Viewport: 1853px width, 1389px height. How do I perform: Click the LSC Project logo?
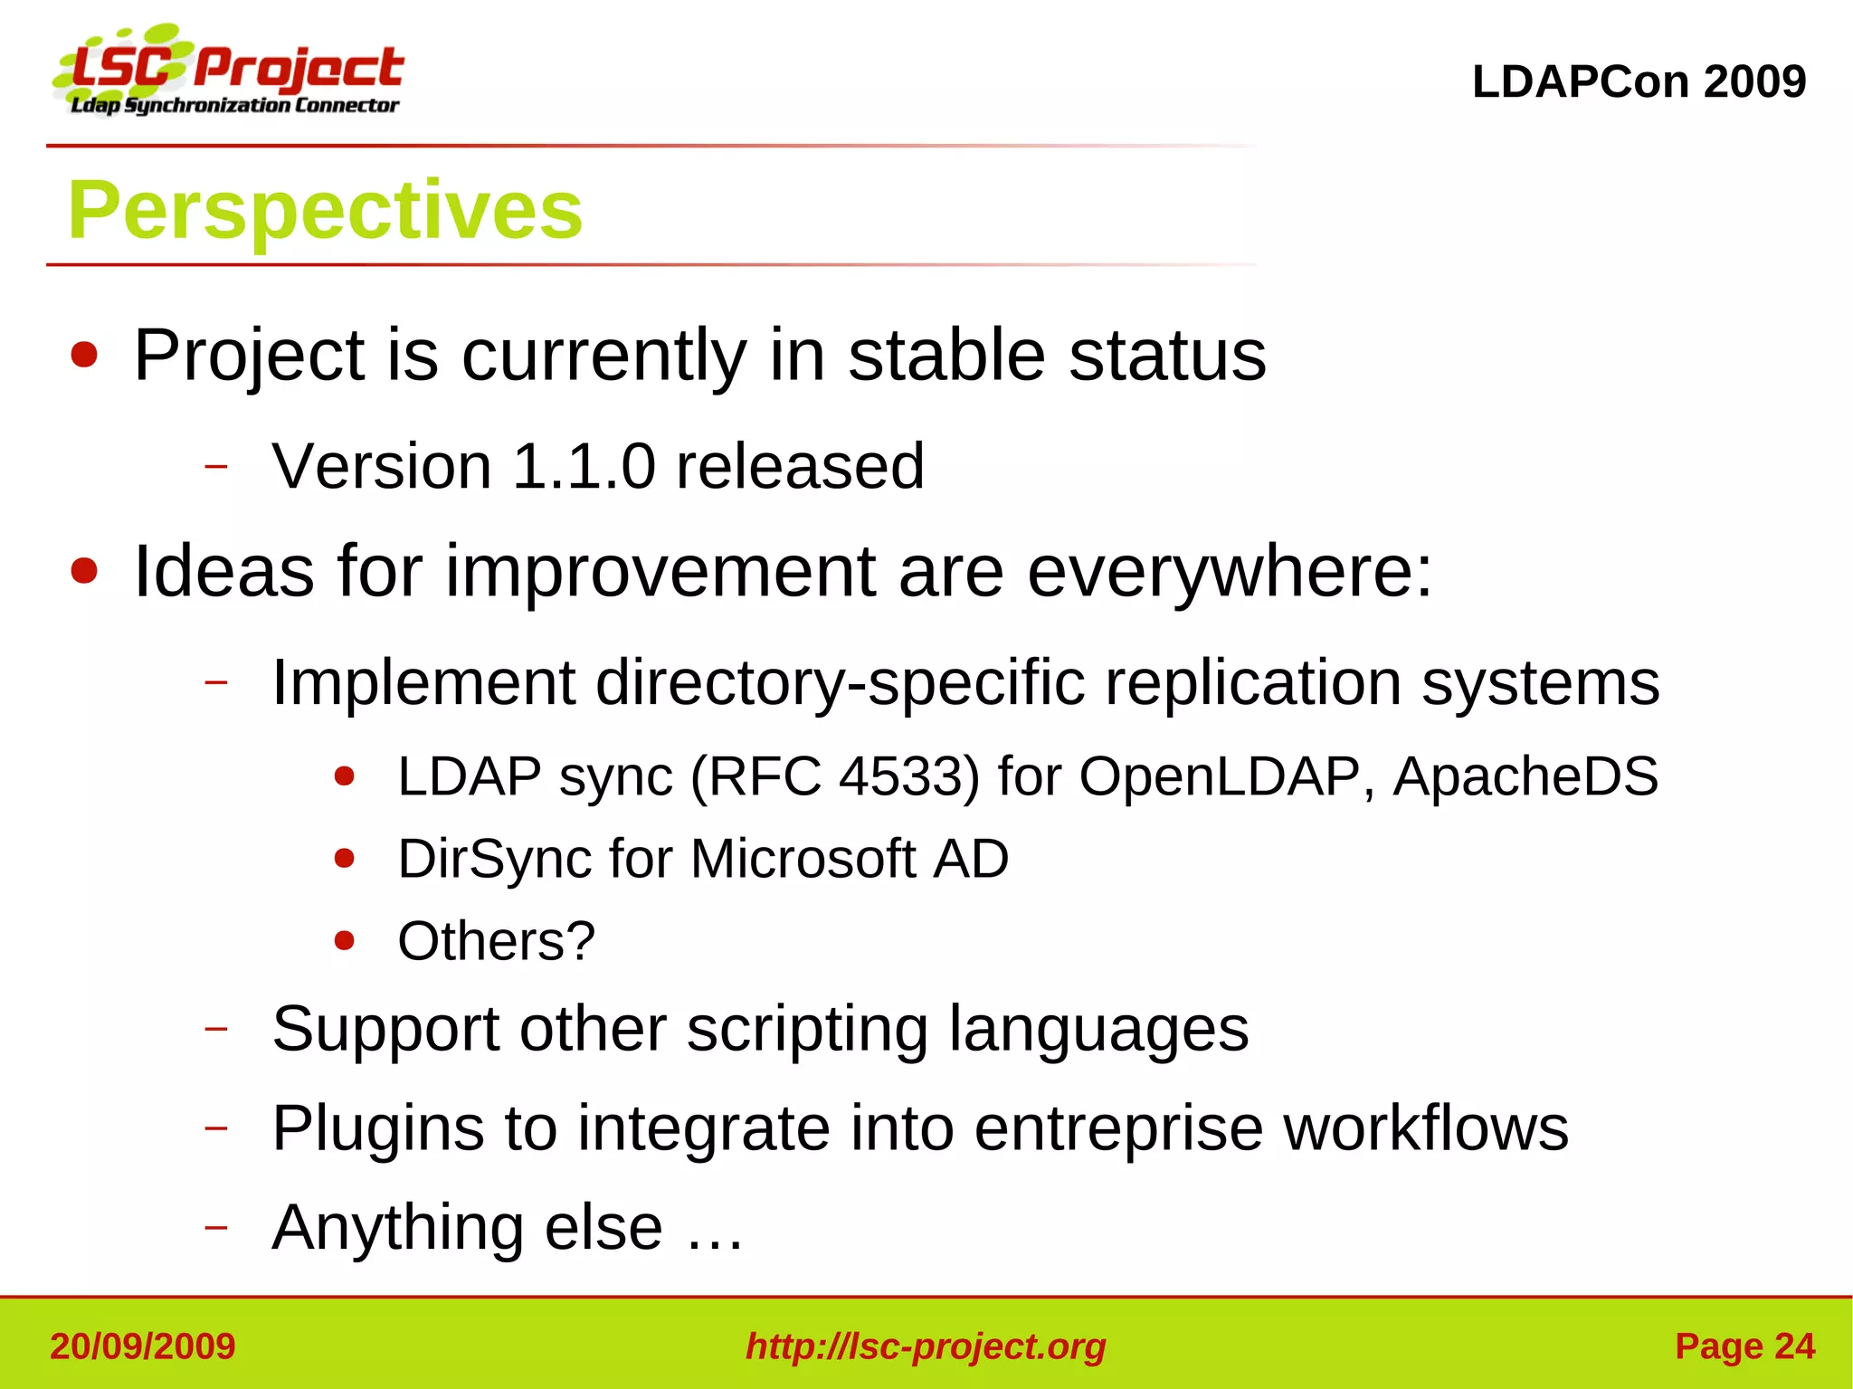coord(228,71)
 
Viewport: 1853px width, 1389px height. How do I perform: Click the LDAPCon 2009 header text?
coord(1639,81)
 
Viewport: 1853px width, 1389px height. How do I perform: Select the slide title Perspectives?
coord(325,210)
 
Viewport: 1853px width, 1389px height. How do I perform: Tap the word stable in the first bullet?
coord(946,356)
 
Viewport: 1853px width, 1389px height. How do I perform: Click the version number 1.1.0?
coord(584,467)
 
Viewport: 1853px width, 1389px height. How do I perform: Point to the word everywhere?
coord(1230,572)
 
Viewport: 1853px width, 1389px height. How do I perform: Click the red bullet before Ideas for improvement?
coord(84,572)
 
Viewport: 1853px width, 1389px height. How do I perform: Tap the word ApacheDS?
coord(1525,776)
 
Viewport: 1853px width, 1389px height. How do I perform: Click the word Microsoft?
coord(803,859)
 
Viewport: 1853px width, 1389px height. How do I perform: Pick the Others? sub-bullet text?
coord(496,941)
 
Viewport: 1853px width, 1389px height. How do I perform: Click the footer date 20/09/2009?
coord(143,1346)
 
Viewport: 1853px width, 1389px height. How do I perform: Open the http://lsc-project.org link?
coord(926,1346)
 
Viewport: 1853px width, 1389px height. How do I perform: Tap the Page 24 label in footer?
coord(1744,1346)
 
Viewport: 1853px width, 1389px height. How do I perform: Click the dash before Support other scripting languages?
coord(215,1030)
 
